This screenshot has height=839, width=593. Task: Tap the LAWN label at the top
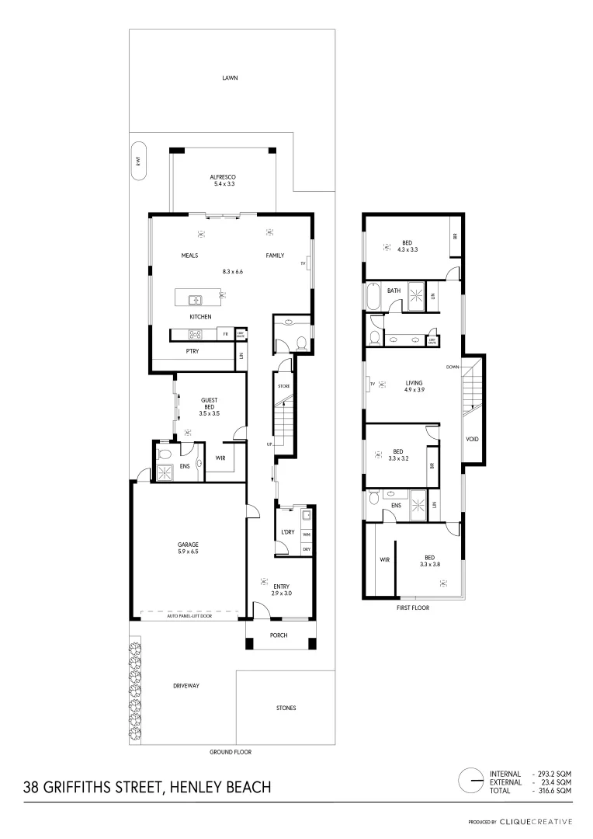[x=229, y=78]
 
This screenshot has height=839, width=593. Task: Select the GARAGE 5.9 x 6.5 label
[x=188, y=548]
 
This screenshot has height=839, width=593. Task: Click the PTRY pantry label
[x=192, y=351]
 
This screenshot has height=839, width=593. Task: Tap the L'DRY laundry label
[x=286, y=532]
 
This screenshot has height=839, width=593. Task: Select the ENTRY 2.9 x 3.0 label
[x=280, y=589]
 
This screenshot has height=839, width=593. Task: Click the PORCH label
[x=279, y=635]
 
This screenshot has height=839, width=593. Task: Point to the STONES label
[x=286, y=708]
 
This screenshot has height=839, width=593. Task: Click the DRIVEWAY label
[x=186, y=686]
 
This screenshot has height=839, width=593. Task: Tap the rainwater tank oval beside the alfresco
[x=138, y=162]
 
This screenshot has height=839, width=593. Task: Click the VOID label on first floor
[x=472, y=439]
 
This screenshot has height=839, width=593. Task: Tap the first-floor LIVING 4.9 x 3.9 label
[x=413, y=386]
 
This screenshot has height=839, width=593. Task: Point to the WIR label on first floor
[x=383, y=559]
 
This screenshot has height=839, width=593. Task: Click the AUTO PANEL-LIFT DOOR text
[x=189, y=614]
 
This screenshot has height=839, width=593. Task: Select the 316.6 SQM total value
[x=554, y=790]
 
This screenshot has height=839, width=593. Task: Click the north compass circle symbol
[x=469, y=780]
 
